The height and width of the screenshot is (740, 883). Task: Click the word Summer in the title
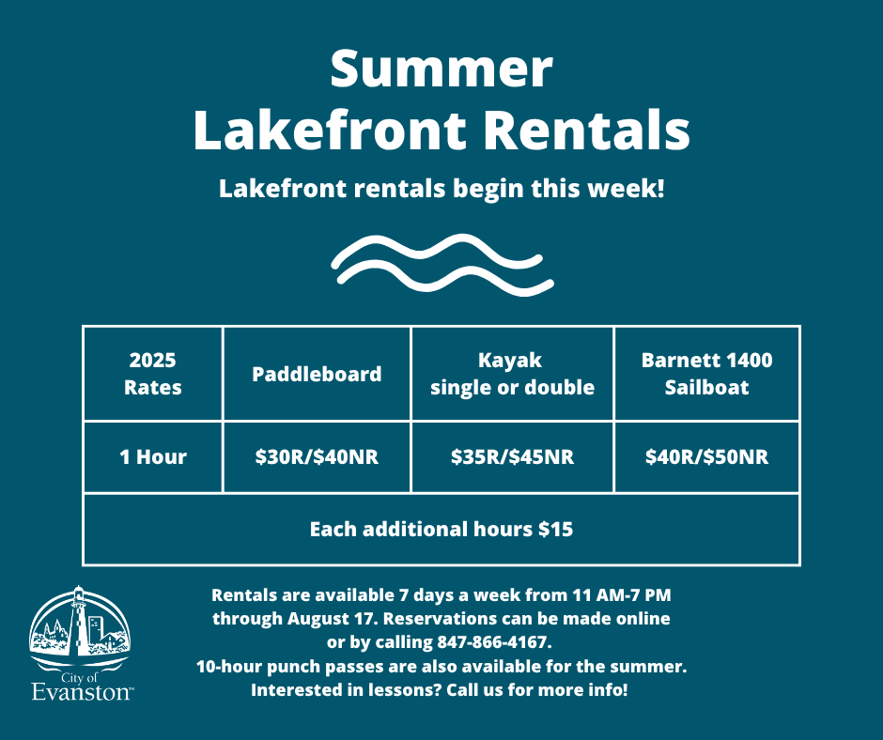click(x=441, y=71)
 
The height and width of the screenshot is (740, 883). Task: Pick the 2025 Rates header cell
click(x=152, y=374)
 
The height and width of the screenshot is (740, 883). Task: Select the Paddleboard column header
click(x=317, y=374)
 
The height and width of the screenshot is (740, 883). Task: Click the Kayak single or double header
click(x=512, y=374)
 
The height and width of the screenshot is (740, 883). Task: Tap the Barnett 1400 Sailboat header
click(x=706, y=374)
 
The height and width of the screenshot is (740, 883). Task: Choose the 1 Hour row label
click(x=152, y=457)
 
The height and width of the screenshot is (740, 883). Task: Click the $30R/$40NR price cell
click(x=317, y=457)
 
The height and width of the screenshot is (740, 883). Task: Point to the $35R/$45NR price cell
click(x=512, y=457)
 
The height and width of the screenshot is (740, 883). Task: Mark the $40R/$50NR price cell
click(x=706, y=457)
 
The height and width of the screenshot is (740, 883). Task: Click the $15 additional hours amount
click(x=555, y=530)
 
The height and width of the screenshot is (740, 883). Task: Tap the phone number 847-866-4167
click(x=494, y=643)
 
